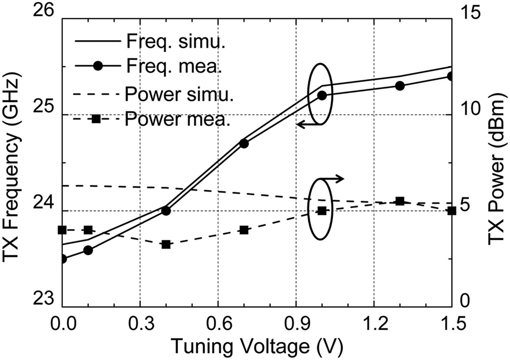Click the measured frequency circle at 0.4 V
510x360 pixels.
coord(166,211)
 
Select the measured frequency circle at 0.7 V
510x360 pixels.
coord(244,144)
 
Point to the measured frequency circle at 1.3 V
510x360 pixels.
coord(400,86)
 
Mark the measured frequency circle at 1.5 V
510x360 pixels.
coord(451,76)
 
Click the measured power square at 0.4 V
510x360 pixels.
coord(166,244)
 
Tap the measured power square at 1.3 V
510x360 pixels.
coord(400,201)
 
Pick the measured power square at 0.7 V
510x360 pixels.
coord(244,230)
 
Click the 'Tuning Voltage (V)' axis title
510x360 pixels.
coord(256,346)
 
